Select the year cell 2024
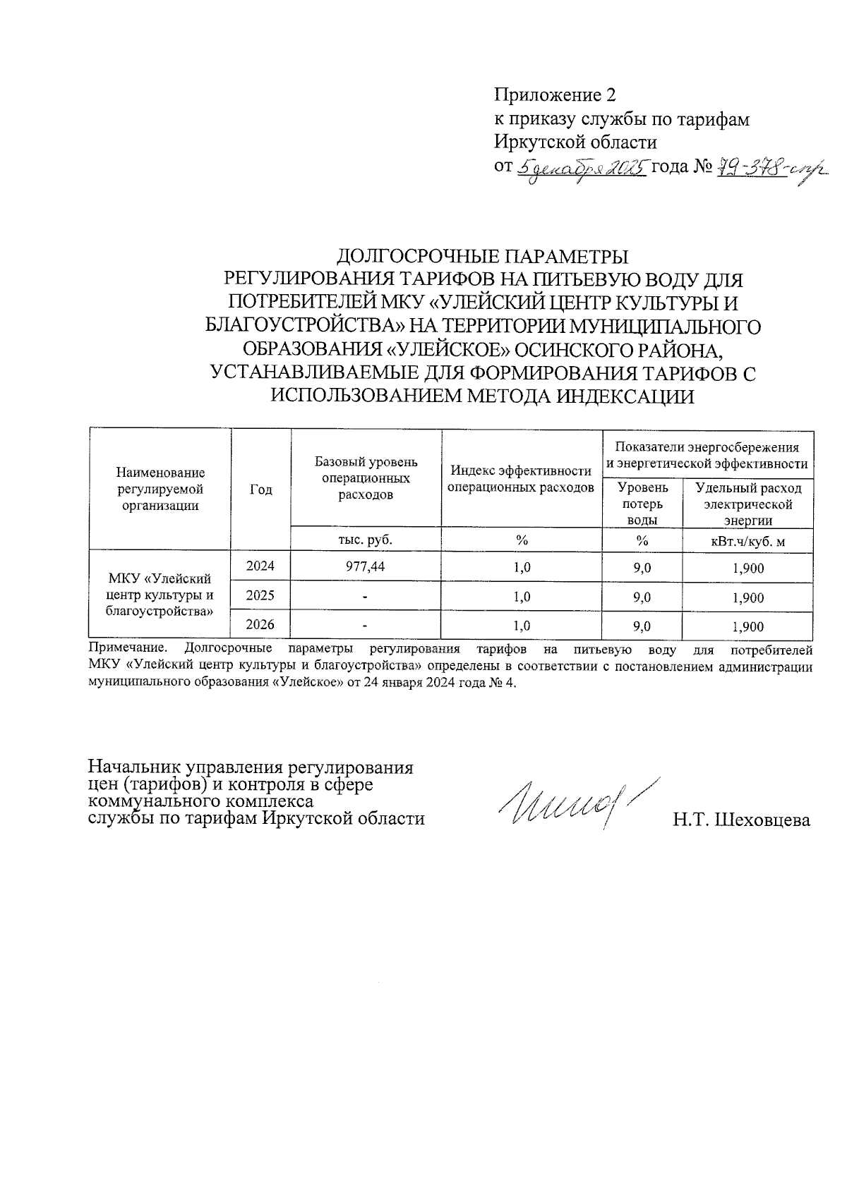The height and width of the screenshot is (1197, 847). (x=260, y=566)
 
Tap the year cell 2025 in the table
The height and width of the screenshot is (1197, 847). (x=260, y=595)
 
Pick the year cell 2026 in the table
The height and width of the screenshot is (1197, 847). (x=260, y=624)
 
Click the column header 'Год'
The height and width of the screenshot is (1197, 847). (x=260, y=490)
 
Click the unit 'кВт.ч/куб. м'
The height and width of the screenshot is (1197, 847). (x=747, y=541)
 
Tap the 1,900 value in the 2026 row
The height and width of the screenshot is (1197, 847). (x=747, y=626)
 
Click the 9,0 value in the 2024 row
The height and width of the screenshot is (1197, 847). (x=642, y=568)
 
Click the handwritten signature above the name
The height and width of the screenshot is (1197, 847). (x=575, y=804)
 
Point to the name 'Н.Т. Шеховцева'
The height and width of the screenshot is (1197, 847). (x=740, y=820)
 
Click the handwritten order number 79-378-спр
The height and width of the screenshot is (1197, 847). (x=771, y=169)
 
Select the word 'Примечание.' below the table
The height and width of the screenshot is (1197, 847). (x=128, y=648)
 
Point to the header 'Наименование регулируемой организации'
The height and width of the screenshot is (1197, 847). (x=160, y=489)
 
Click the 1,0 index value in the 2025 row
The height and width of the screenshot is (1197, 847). (x=522, y=597)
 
